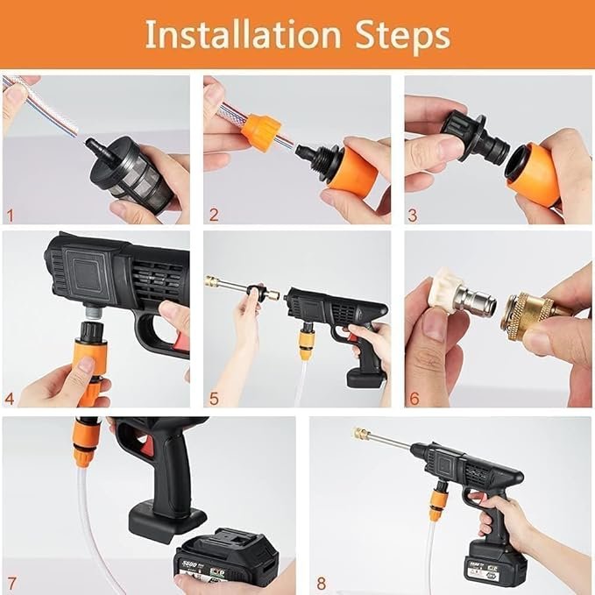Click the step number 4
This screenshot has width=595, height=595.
pyautogui.click(x=11, y=398)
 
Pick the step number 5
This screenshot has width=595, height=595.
pyautogui.click(x=213, y=398)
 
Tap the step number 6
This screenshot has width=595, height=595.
pyautogui.click(x=413, y=398)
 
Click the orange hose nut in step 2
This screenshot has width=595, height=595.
pyautogui.click(x=260, y=131)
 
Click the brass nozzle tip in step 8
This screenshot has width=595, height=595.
pyautogui.click(x=361, y=434)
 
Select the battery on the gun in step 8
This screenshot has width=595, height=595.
pyautogui.click(x=494, y=561)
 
